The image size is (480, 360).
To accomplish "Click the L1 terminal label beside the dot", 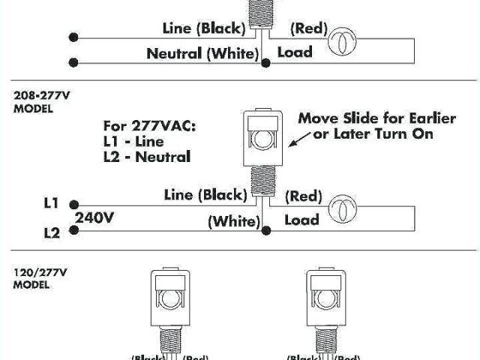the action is tap(52, 203).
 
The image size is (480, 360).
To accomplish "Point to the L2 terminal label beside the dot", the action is tap(52, 232).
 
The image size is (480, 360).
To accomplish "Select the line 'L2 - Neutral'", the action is tap(148, 157).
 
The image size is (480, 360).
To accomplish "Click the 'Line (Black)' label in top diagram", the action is tap(204, 29).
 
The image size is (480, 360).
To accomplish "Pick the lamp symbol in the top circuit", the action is tap(342, 39).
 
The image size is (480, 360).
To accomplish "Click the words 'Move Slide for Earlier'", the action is tap(367, 118).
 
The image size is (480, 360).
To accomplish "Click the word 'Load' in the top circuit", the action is tap(295, 52).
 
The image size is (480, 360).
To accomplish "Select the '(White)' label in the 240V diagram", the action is tap(233, 221).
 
